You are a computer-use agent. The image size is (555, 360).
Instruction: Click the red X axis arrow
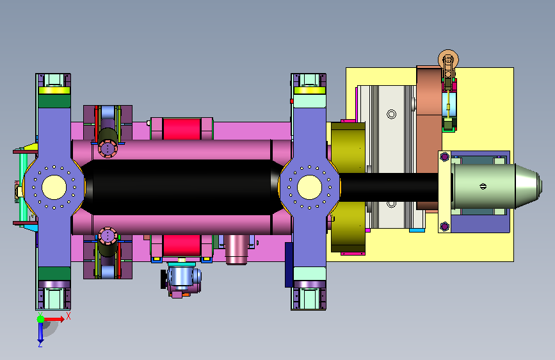(53, 319)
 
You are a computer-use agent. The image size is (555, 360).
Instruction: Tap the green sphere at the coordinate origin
(41, 319)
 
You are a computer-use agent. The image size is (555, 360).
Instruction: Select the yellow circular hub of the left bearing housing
(54, 188)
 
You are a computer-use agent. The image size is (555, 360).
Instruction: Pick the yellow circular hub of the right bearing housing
(309, 188)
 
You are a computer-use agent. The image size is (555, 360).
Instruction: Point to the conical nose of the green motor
(528, 186)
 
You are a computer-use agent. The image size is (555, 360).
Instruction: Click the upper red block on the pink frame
(182, 129)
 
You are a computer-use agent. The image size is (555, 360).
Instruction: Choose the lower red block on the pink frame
(182, 245)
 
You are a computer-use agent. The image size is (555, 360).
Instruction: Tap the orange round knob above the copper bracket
(449, 60)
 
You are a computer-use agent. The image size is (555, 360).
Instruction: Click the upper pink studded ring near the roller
(108, 149)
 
